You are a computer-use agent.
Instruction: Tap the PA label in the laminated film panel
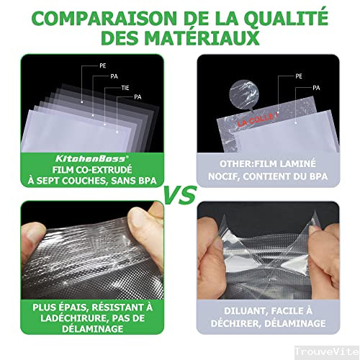pos(315,87)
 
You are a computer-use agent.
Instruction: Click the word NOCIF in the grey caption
pos(225,176)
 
